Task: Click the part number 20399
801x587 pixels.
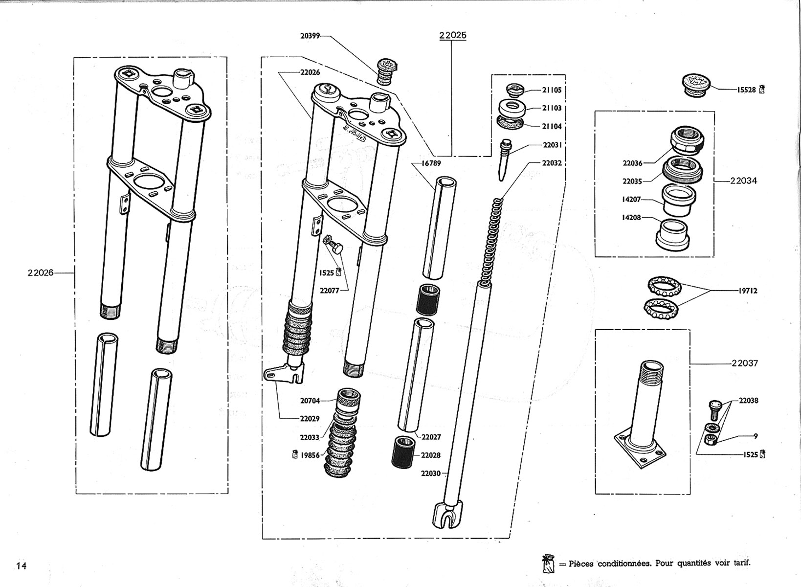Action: click(310, 36)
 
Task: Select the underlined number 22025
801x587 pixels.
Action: click(452, 35)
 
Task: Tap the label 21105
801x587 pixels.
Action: click(552, 90)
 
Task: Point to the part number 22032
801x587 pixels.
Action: click(552, 163)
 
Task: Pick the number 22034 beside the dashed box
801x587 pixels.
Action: click(743, 181)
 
